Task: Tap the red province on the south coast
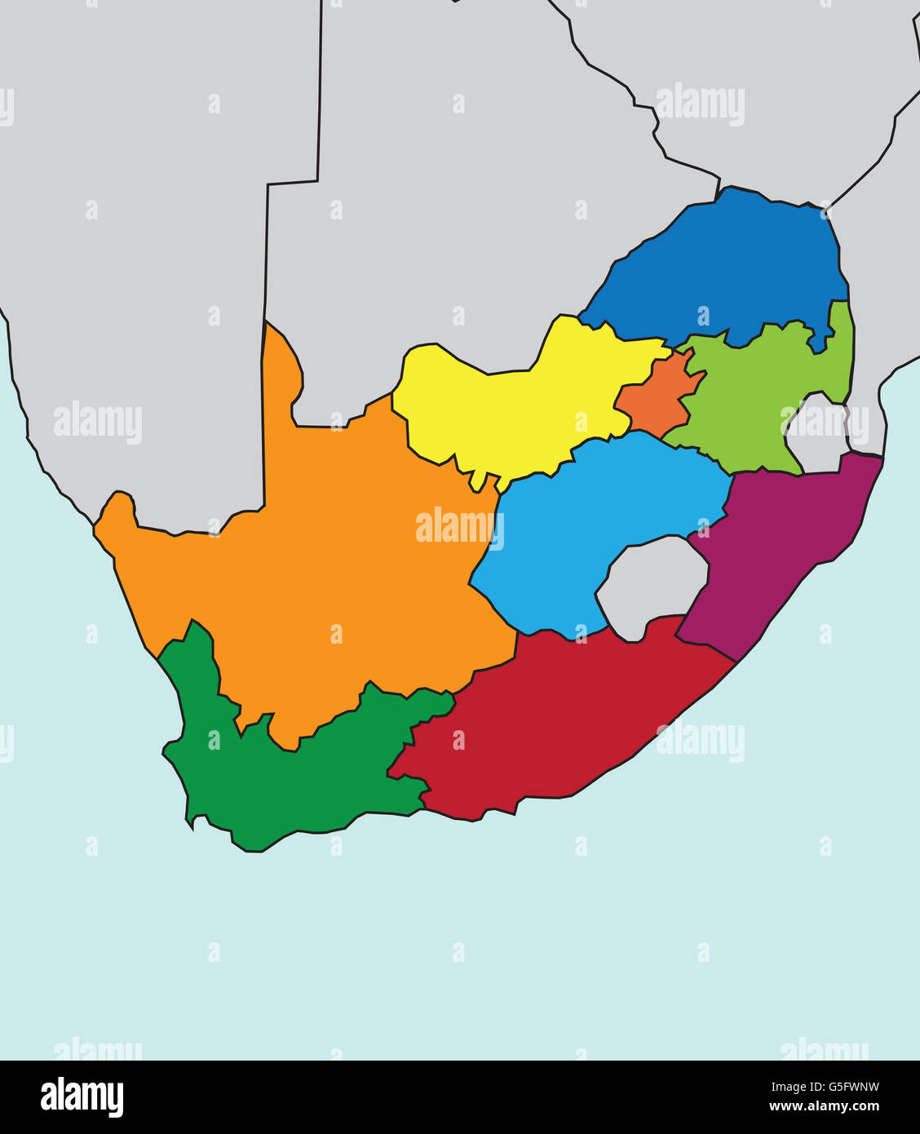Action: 555,718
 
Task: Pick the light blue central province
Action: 587,522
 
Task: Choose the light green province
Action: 750,400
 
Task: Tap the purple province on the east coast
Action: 775,547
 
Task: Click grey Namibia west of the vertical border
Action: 139,286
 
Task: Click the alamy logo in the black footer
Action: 82,1097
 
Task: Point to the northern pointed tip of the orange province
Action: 268,326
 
